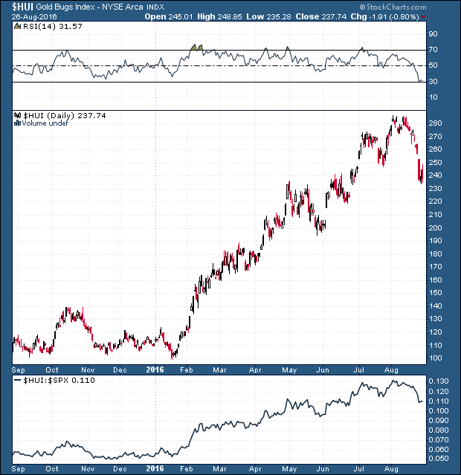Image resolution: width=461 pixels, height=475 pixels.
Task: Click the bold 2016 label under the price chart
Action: pyautogui.click(x=155, y=369)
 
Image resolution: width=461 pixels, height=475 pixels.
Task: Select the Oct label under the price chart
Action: pyautogui.click(x=51, y=369)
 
